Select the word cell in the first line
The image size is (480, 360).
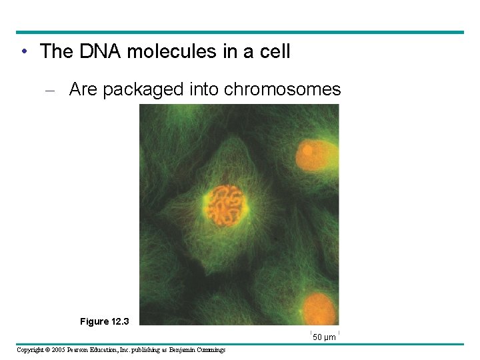(x=275, y=51)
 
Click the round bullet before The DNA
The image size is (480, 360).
(x=23, y=51)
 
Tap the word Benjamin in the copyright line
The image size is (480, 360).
(x=179, y=350)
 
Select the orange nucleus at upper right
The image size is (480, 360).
(x=317, y=155)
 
